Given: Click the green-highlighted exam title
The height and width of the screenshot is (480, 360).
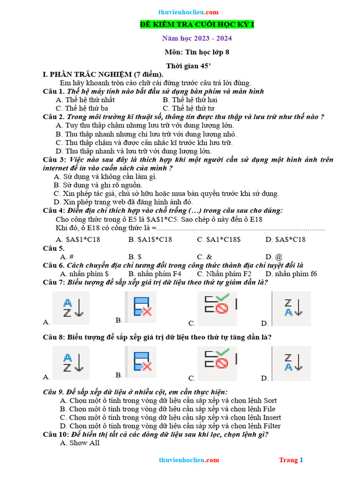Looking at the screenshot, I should click(197, 25).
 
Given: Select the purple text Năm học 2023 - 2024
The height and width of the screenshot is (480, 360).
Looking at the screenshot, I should click(197, 38).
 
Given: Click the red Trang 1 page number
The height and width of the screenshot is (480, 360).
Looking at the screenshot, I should click(291, 460).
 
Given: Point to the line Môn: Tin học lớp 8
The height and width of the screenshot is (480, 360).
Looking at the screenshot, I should click(197, 52).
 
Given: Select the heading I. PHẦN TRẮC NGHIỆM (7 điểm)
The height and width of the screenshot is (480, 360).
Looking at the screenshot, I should click(103, 74).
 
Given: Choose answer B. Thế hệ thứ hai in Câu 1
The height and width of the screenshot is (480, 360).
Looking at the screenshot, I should click(190, 100).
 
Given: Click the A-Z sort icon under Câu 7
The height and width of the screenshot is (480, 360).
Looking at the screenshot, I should click(73, 308).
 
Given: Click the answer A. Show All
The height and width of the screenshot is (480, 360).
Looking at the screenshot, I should click(80, 443).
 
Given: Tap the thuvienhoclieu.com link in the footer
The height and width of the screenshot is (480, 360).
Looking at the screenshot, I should click(189, 460).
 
